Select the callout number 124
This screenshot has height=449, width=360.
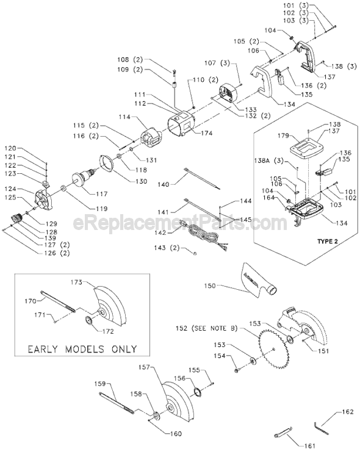[29, 190]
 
